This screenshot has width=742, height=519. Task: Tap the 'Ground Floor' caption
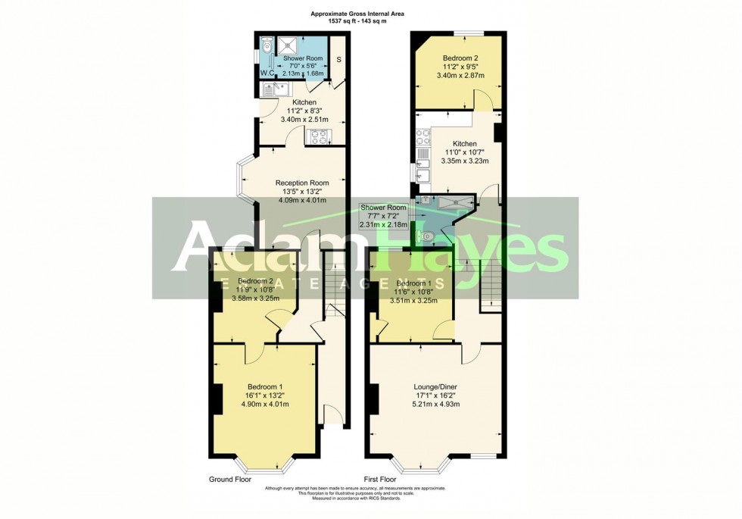[x=230, y=480]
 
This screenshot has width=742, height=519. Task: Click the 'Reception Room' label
[x=302, y=183]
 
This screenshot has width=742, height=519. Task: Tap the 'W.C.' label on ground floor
[x=267, y=73]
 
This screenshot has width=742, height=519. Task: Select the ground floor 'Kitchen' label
[x=304, y=102]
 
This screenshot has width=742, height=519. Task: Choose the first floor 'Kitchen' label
[x=464, y=143]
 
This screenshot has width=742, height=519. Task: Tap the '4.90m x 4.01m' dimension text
[x=264, y=404]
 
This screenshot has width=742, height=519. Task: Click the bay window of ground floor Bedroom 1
[x=264, y=464]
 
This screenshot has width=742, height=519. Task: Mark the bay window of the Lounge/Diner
[x=421, y=464]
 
